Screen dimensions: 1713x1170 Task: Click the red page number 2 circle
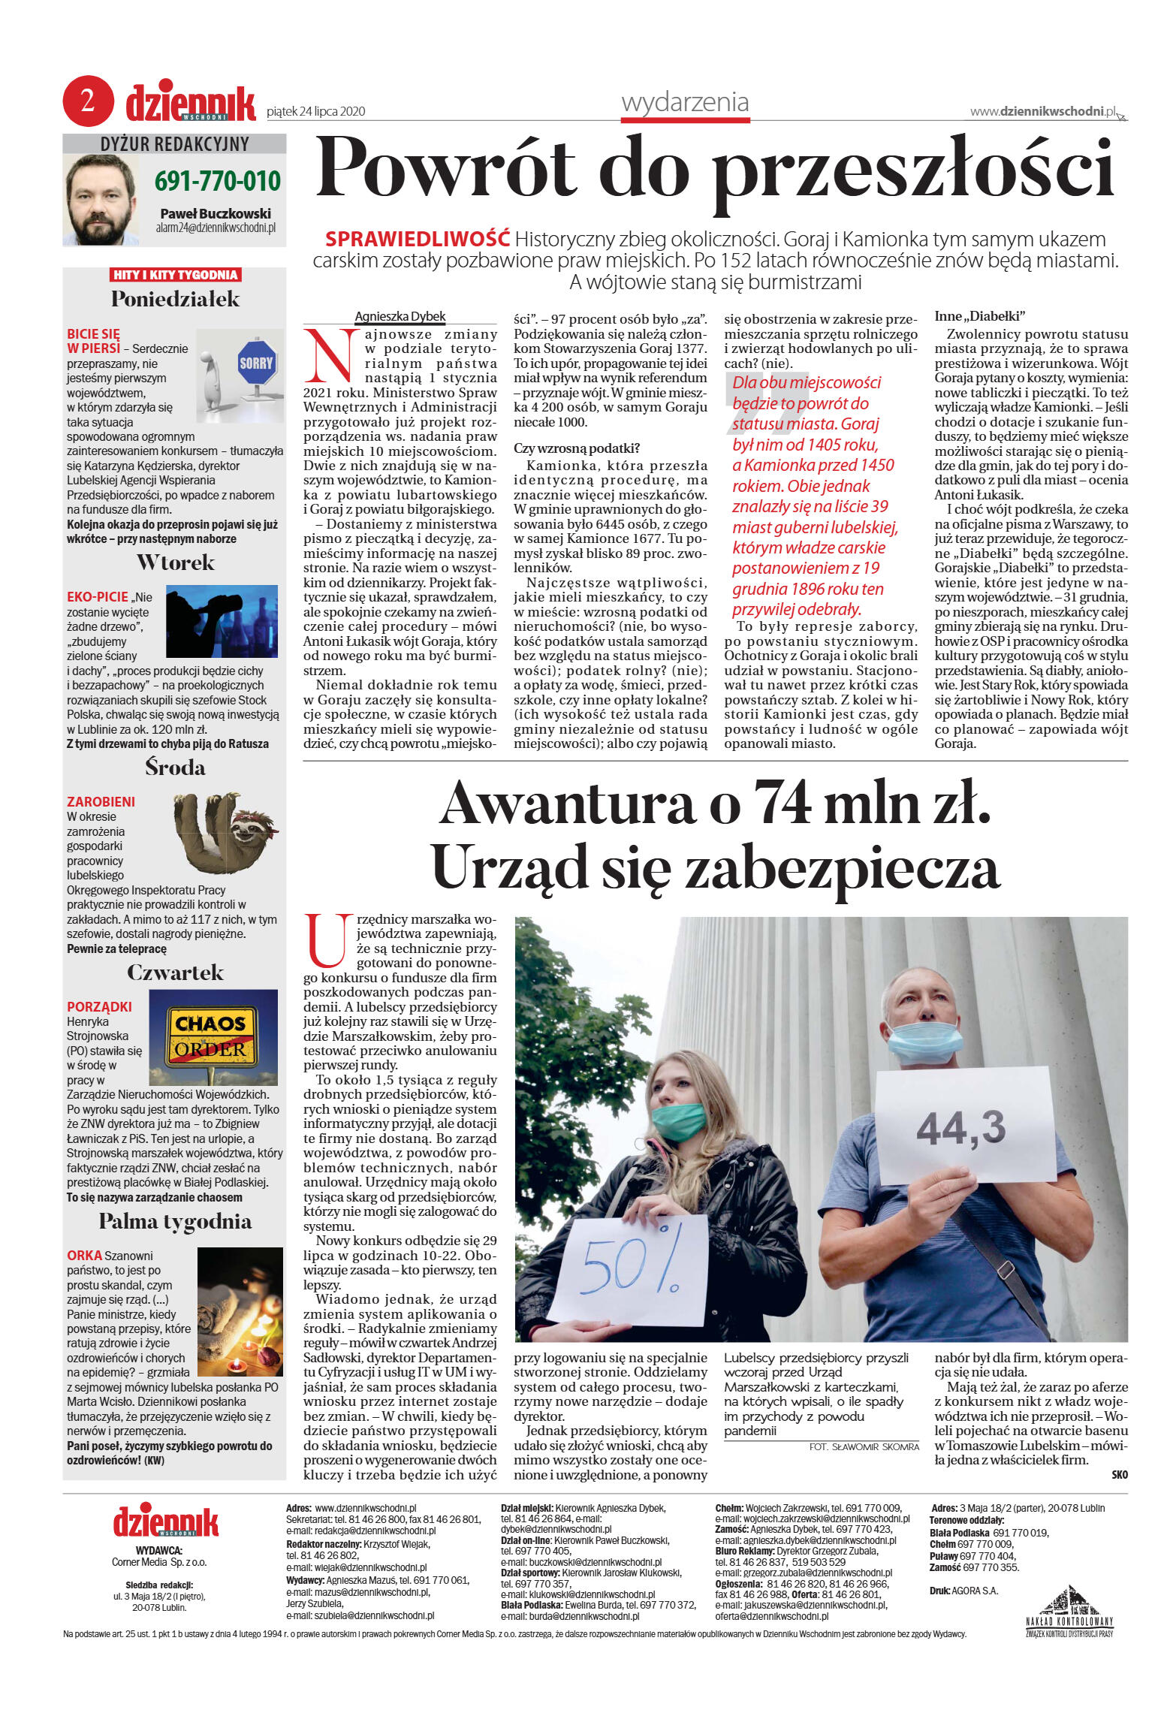pyautogui.click(x=88, y=101)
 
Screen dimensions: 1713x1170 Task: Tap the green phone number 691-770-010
pyautogui.click(x=217, y=181)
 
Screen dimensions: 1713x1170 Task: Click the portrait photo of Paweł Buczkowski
pyautogui.click(x=101, y=200)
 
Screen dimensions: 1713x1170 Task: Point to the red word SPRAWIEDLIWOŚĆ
pyautogui.click(x=418, y=240)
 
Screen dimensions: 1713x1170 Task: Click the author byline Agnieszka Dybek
pyautogui.click(x=400, y=316)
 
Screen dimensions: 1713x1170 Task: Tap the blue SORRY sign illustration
pyautogui.click(x=256, y=363)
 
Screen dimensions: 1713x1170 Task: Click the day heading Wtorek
pyautogui.click(x=176, y=562)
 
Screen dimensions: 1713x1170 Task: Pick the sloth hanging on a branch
pyautogui.click(x=226, y=831)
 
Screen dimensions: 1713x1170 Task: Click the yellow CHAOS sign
pyautogui.click(x=210, y=1023)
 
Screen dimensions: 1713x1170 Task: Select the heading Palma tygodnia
pyautogui.click(x=175, y=1221)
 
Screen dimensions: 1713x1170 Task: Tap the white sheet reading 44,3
pyautogui.click(x=964, y=1126)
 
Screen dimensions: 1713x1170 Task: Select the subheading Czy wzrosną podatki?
pyautogui.click(x=577, y=448)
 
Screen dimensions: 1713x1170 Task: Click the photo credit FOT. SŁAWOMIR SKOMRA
pyautogui.click(x=864, y=1446)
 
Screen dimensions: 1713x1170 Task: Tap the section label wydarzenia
pyautogui.click(x=685, y=102)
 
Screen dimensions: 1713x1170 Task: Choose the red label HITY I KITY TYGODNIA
pyautogui.click(x=175, y=275)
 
